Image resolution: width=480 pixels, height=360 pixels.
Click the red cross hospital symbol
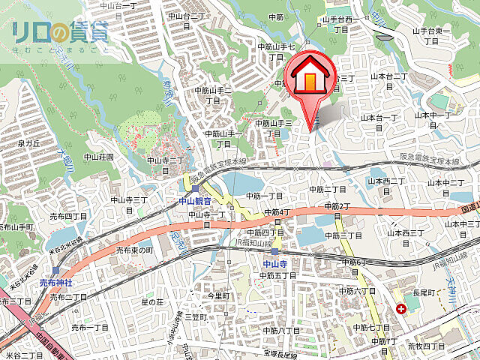tap(401, 308)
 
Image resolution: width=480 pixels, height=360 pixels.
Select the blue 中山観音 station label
tap(198, 201)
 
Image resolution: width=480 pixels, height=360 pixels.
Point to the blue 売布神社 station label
tap(55, 282)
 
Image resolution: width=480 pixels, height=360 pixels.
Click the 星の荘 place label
tap(152, 301)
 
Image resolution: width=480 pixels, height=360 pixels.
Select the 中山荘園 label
tap(98, 157)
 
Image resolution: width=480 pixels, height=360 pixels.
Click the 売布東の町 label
tap(134, 250)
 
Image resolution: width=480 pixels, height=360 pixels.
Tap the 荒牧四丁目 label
tap(426, 346)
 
